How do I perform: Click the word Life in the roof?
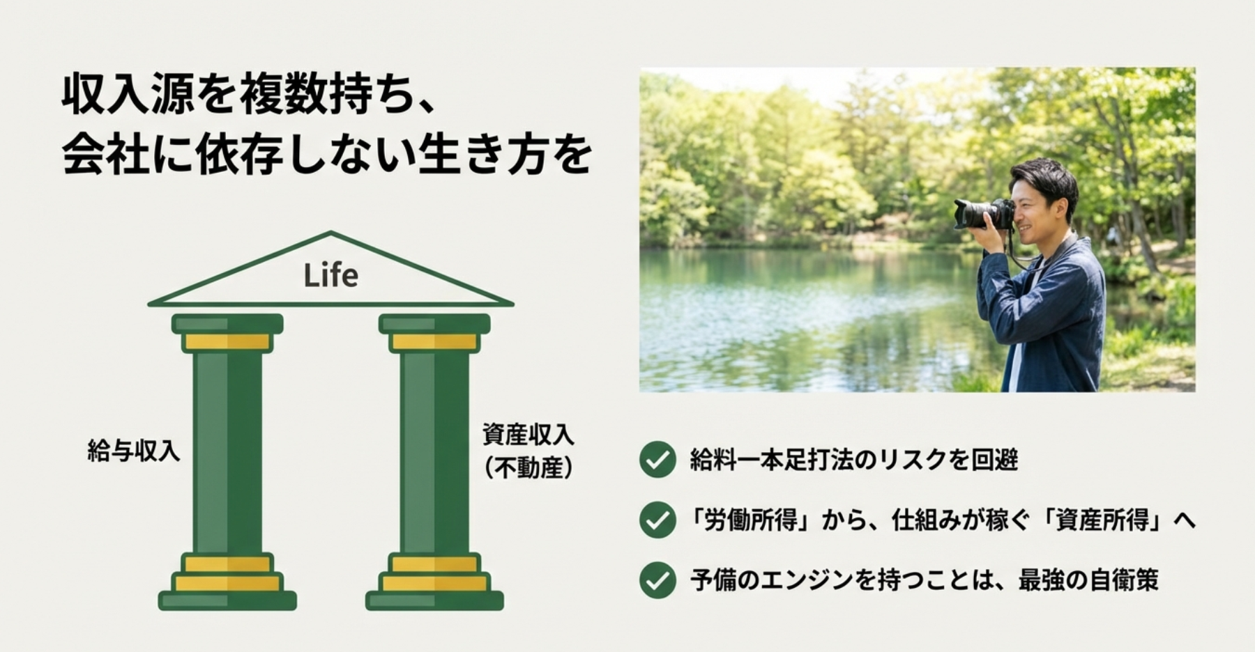point(331,275)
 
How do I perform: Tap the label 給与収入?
point(134,451)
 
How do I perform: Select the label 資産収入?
point(528,435)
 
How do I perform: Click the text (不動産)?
point(528,467)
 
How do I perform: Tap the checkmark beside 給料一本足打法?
point(657,460)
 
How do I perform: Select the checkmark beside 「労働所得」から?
point(657,520)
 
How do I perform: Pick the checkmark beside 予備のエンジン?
point(657,580)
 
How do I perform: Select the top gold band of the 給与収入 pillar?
point(227,342)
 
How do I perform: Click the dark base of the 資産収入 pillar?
point(434,600)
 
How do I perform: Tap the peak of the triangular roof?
point(331,232)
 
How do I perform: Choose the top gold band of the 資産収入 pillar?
point(434,342)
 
